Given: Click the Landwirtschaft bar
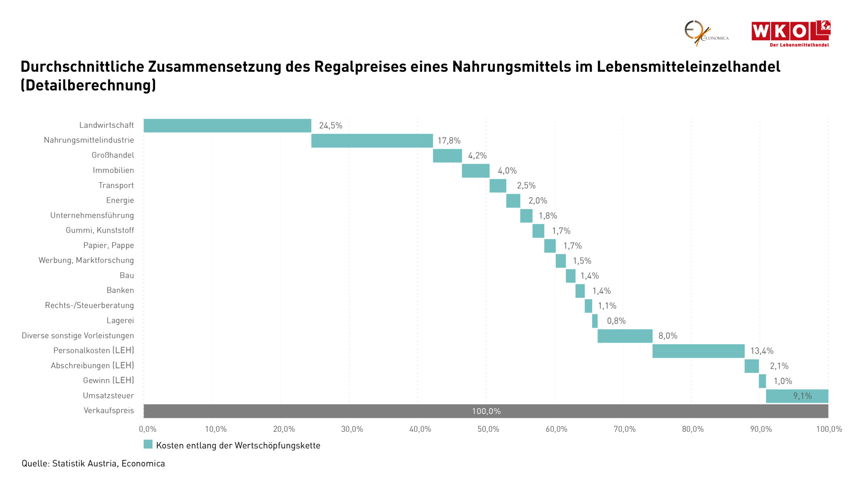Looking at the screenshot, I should point(227,126).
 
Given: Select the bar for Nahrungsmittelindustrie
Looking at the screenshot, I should point(372,141).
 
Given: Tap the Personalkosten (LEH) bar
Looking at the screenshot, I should point(698,351).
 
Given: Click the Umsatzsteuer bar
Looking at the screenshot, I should point(797,396).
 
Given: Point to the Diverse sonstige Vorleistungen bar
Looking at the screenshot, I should point(625,336).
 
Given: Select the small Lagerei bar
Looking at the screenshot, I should point(595,321).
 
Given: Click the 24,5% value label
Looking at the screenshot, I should point(330,126).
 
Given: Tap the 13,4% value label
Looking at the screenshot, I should point(761,351).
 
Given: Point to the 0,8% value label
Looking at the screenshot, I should point(616,321).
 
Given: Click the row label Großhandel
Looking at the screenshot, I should point(113,155).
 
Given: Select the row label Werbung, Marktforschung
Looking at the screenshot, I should point(86,260).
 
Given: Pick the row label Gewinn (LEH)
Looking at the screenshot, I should point(108,380).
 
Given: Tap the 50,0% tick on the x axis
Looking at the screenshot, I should point(488,429).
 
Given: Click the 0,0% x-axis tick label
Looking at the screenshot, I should point(147,429).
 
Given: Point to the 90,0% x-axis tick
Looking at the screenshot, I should point(761,429).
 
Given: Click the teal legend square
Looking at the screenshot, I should point(148,444).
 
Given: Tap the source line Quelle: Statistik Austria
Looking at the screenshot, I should point(93,464).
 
